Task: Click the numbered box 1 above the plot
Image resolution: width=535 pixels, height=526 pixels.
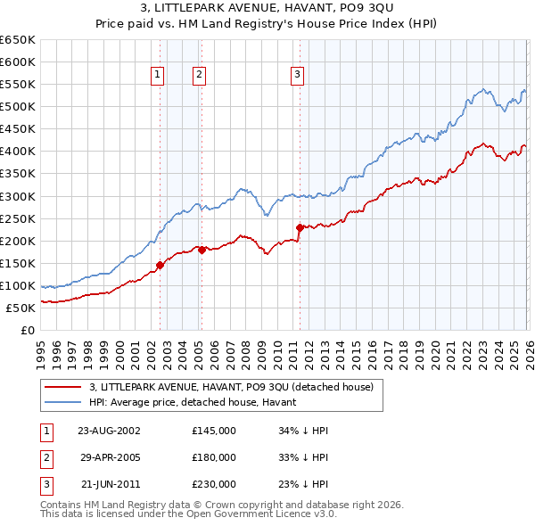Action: pyautogui.click(x=158, y=76)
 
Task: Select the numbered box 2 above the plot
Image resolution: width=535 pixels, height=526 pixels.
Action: pyautogui.click(x=199, y=76)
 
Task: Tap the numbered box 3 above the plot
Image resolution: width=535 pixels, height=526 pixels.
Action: pyautogui.click(x=297, y=76)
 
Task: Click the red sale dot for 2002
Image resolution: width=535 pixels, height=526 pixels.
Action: pyautogui.click(x=160, y=265)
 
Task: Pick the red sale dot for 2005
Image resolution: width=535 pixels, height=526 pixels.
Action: pyautogui.click(x=202, y=250)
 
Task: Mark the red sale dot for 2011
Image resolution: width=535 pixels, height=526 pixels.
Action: pyautogui.click(x=300, y=227)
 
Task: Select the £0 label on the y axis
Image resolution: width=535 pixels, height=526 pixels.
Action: pyautogui.click(x=27, y=331)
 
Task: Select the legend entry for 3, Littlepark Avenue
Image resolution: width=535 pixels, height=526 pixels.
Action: pyautogui.click(x=236, y=387)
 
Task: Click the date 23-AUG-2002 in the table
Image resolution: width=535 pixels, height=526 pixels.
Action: pyautogui.click(x=109, y=431)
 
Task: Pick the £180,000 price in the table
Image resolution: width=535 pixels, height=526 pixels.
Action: pyautogui.click(x=214, y=457)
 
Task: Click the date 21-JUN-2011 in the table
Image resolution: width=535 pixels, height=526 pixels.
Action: pyautogui.click(x=109, y=484)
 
